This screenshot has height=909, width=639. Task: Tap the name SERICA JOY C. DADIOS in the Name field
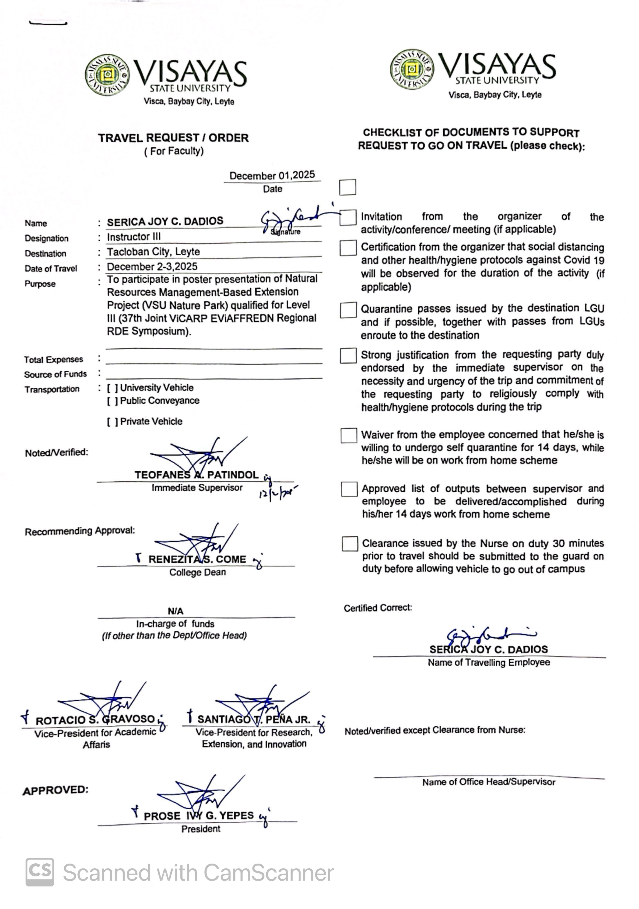point(165,221)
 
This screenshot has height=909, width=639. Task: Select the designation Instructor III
point(134,237)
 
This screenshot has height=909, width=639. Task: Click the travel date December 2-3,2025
point(152,267)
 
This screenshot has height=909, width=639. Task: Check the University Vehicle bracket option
point(112,388)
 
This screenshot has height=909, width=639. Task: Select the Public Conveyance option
point(112,401)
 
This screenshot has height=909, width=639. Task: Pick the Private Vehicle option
point(112,422)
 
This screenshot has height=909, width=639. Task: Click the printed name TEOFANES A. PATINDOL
point(196,475)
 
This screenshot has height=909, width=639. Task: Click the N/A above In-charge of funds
point(175,611)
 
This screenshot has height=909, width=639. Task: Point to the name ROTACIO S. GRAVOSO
point(95,720)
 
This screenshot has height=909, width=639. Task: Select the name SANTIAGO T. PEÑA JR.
point(254,719)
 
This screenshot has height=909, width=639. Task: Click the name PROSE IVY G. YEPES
point(199,816)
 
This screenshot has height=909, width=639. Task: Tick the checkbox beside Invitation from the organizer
point(348,217)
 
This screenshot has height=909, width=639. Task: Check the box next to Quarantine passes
point(348,310)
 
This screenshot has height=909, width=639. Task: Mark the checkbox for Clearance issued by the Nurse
point(350,544)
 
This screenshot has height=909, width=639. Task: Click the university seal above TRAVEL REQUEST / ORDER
point(107,75)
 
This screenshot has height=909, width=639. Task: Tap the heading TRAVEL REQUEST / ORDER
point(173,138)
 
